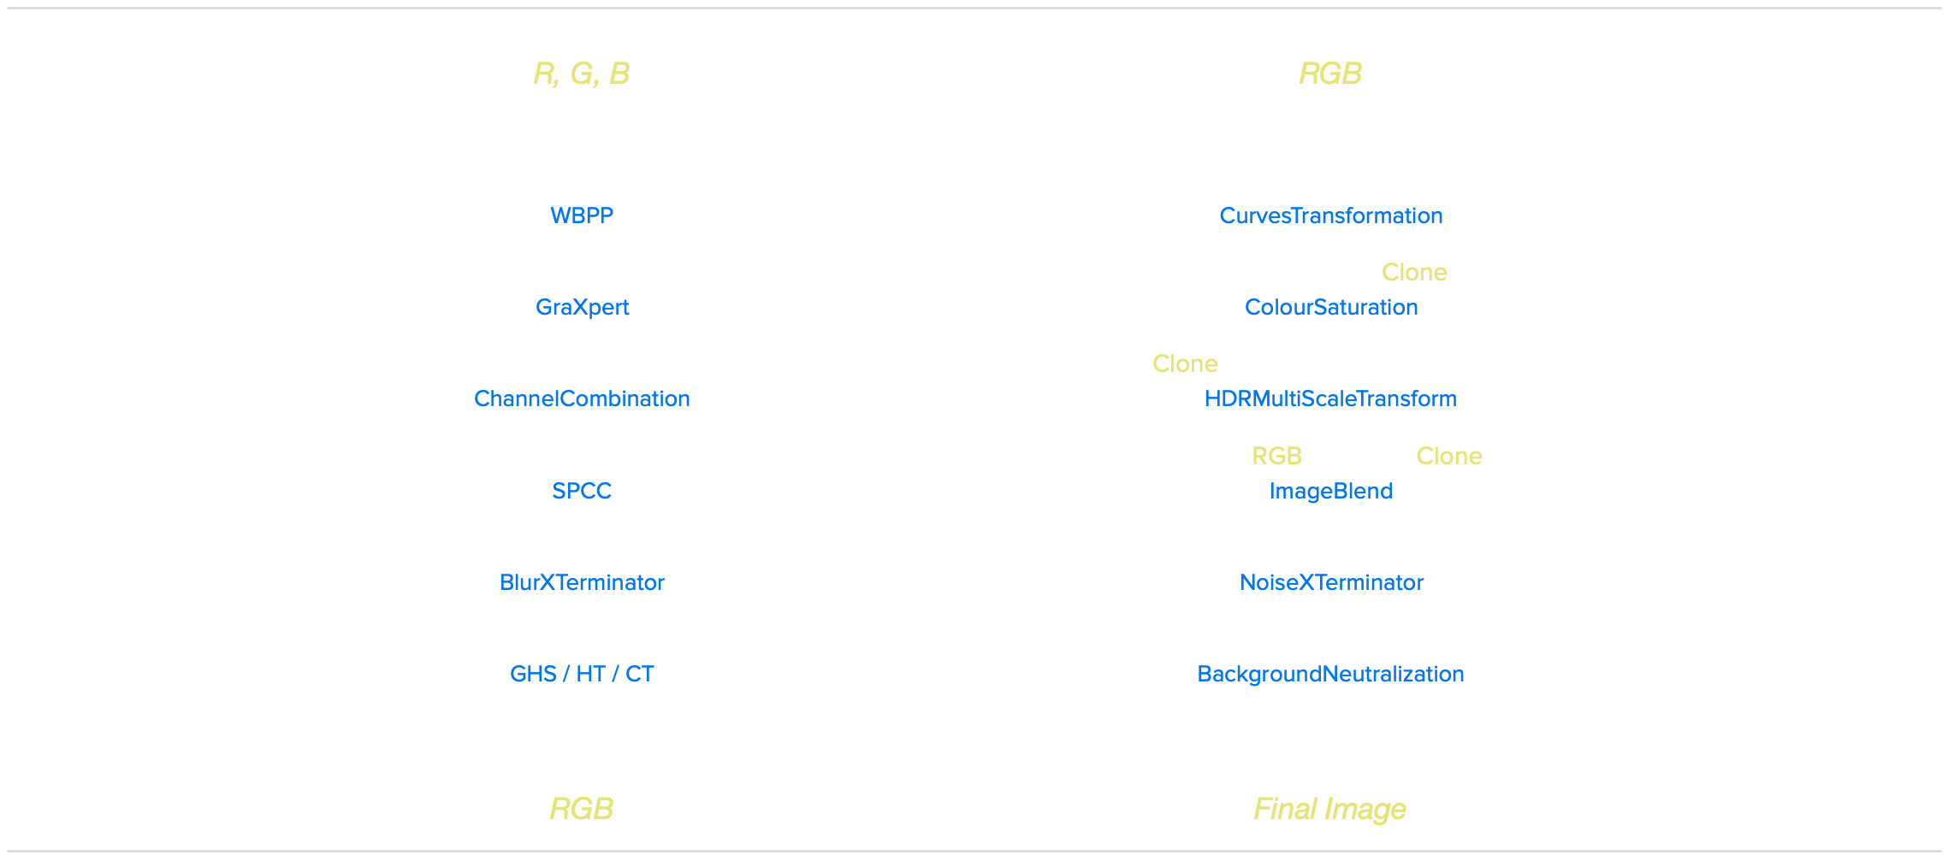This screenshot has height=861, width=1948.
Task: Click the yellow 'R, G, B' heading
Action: tap(581, 74)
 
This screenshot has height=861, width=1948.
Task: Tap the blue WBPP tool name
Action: tap(582, 215)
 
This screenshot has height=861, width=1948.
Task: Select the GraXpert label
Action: tap(582, 307)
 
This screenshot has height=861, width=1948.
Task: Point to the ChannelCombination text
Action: tap(582, 398)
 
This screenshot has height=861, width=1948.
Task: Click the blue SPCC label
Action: tap(582, 491)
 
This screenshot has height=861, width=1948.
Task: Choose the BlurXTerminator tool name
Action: tap(582, 582)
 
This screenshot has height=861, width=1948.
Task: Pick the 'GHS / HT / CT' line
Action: tap(582, 674)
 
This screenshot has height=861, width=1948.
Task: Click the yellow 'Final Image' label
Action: tap(1329, 809)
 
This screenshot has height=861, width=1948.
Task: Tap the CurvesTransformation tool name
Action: tap(1330, 215)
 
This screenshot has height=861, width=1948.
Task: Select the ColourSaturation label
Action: tap(1331, 307)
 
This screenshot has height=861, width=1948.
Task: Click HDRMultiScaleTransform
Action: tap(1330, 398)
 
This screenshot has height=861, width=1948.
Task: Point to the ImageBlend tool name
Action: tap(1330, 491)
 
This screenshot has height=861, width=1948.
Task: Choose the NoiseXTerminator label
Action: tap(1331, 582)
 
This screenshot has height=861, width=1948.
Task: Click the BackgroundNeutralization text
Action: tap(1330, 674)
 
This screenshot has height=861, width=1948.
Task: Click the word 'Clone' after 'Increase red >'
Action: tap(1414, 272)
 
